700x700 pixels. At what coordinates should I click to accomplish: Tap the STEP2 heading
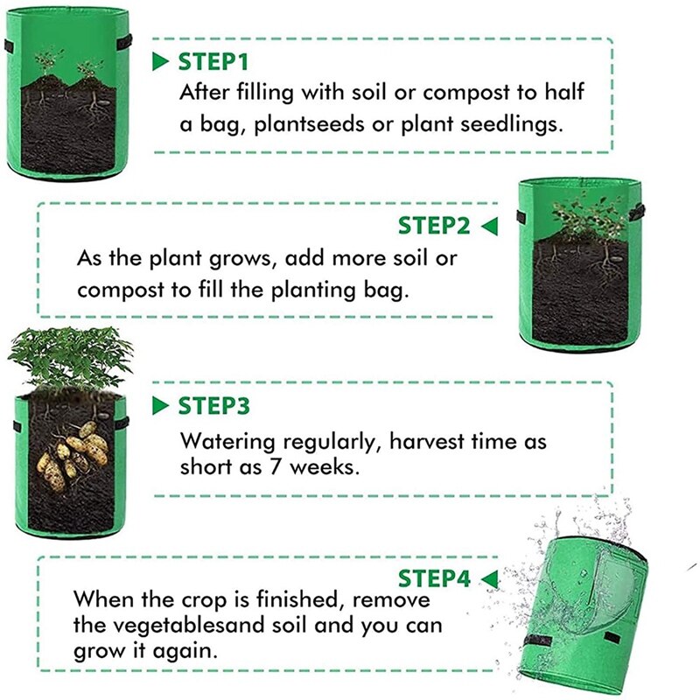(x=434, y=226)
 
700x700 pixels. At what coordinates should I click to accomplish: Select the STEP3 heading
(x=213, y=406)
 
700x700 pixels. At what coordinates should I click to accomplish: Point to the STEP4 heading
(x=434, y=578)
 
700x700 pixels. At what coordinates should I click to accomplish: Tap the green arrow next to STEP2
(x=488, y=227)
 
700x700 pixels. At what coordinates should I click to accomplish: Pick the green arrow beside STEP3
(x=159, y=406)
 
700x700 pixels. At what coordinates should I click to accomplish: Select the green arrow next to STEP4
(x=488, y=578)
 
